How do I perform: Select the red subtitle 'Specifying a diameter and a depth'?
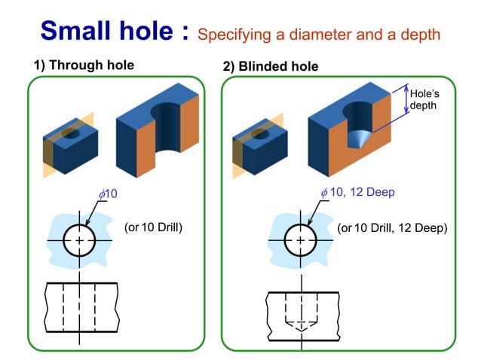point(318,34)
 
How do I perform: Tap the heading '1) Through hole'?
point(84,66)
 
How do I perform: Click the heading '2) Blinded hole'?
point(271,66)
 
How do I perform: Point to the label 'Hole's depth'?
point(424,99)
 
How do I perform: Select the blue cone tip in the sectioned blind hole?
point(356,139)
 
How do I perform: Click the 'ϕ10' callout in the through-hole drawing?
point(108,194)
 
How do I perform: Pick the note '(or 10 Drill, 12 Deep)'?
point(392,227)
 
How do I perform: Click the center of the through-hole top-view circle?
point(80,240)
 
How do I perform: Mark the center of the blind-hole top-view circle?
point(301,240)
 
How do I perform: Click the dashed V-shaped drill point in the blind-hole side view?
point(301,325)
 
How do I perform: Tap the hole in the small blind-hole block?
point(259,133)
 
